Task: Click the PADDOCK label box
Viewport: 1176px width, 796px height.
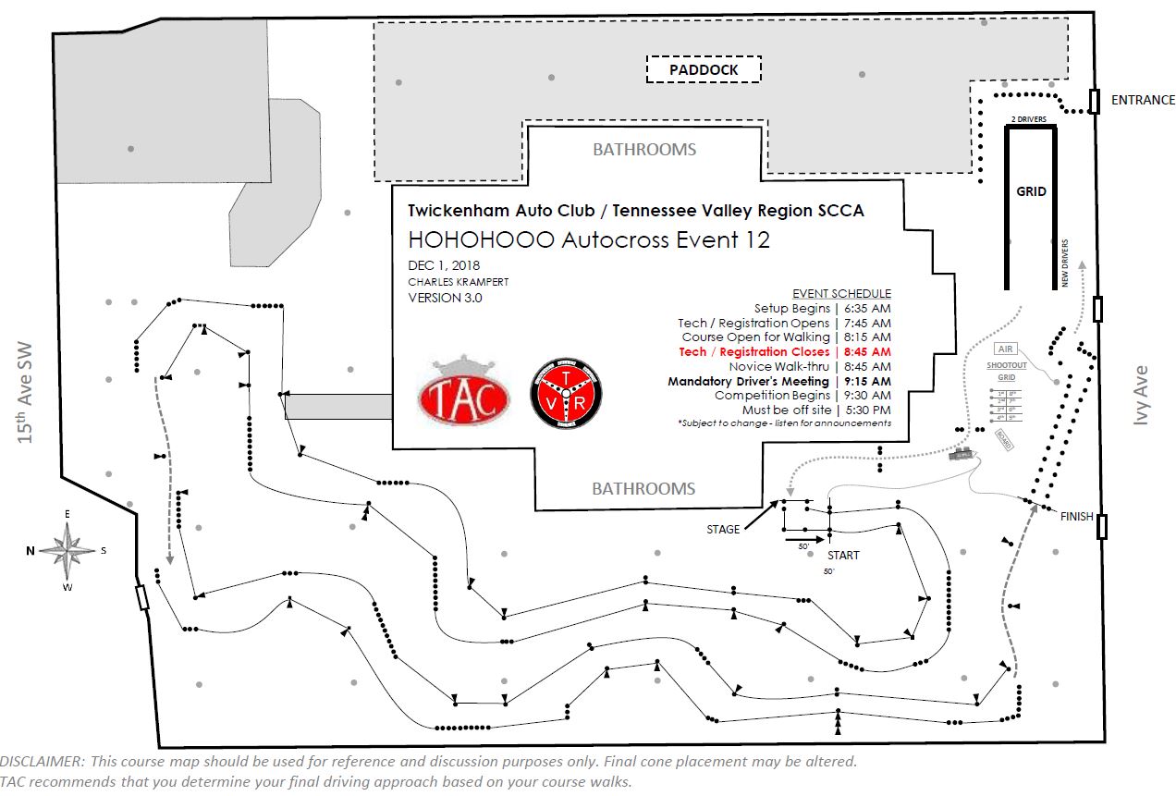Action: click(x=703, y=70)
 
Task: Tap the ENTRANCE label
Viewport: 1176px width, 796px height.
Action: click(x=1143, y=100)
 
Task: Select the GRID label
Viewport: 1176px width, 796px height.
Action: click(x=1031, y=191)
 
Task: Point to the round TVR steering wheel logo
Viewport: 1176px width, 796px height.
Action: click(x=566, y=393)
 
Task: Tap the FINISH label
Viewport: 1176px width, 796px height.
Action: click(x=1077, y=517)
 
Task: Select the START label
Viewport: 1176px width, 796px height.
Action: click(x=843, y=556)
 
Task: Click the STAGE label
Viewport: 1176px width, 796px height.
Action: click(x=723, y=530)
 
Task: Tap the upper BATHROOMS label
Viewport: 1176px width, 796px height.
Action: click(x=643, y=149)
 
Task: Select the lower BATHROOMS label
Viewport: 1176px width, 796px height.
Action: click(x=643, y=488)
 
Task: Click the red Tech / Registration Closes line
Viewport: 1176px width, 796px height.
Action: click(x=785, y=352)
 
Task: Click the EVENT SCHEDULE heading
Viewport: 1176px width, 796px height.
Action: click(x=841, y=293)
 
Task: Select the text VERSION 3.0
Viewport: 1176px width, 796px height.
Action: click(x=446, y=298)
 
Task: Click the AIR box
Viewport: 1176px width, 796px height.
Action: click(x=1005, y=349)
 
